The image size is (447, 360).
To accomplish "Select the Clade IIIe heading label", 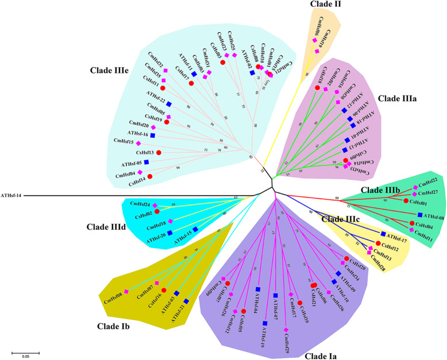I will tap(112, 71).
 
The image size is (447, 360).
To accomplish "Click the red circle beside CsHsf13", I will tap(158, 152).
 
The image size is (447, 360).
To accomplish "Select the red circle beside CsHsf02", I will tap(156, 212).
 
